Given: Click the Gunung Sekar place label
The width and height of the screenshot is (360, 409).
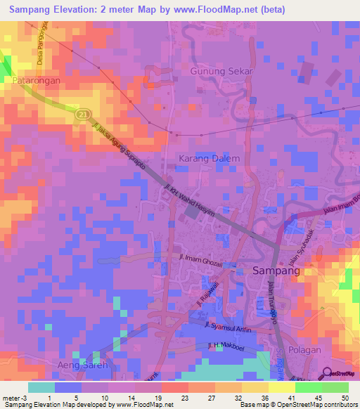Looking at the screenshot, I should [221, 72].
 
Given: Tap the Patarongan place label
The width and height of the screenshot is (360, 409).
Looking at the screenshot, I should [37, 82].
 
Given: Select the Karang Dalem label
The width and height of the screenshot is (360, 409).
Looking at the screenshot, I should [209, 158].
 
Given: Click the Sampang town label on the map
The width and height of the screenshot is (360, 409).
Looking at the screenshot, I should [276, 270].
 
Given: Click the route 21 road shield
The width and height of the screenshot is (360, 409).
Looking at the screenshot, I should [83, 112].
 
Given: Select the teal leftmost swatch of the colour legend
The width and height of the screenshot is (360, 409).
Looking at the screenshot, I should [41, 387].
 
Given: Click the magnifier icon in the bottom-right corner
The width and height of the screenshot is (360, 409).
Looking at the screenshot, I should [326, 374].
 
